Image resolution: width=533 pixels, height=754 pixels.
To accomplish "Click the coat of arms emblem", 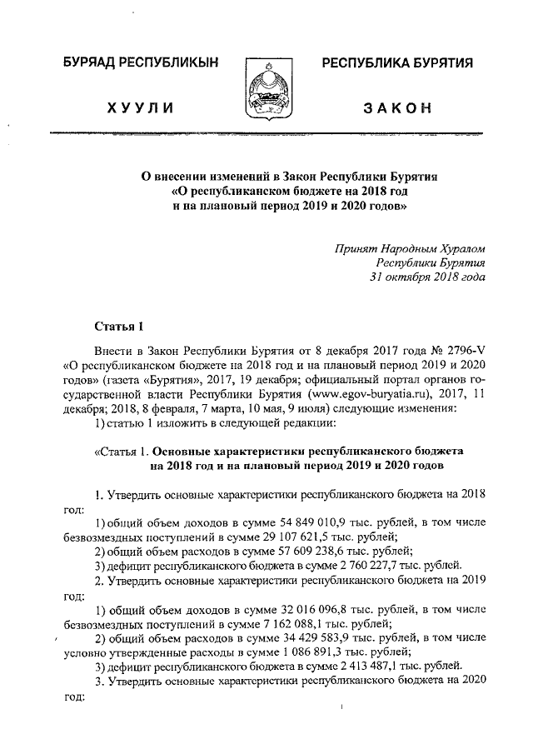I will (267, 87).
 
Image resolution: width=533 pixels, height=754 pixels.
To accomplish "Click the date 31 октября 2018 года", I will (427, 277).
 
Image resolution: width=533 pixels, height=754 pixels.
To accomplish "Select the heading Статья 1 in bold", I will (118, 326).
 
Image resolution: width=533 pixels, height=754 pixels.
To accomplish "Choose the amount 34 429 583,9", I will (287, 639).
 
